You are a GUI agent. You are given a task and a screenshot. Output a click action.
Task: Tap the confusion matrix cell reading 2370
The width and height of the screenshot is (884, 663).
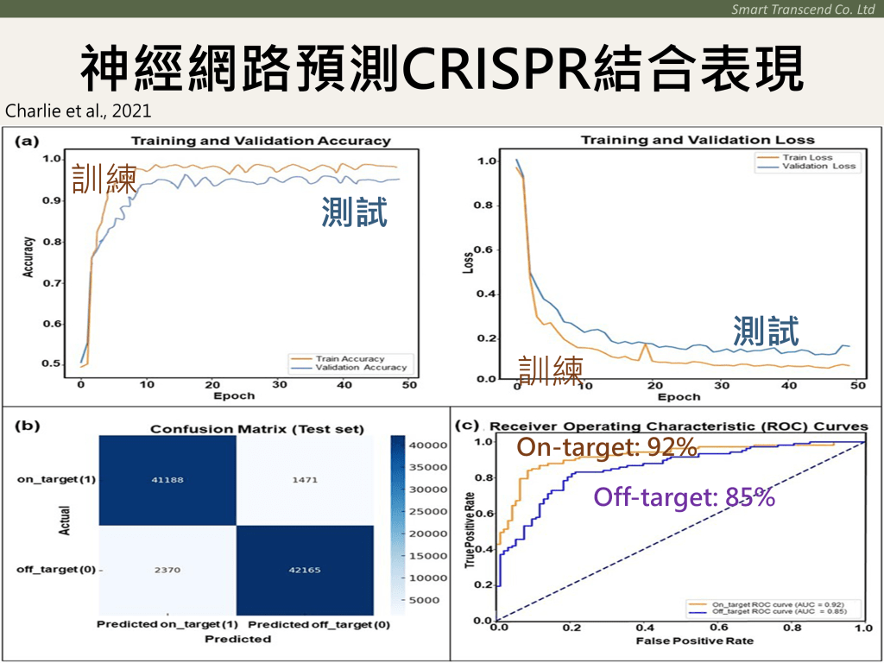[x=168, y=569]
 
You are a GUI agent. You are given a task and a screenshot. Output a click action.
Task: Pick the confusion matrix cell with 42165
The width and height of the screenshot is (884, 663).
[x=306, y=569]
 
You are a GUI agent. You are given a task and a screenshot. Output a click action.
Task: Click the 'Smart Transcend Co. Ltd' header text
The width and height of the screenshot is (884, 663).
[x=802, y=9]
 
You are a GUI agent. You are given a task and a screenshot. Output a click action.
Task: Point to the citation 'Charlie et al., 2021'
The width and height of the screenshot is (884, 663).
[x=66, y=110]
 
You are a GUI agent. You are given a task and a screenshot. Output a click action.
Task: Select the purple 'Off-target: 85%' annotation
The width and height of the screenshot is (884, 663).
[x=684, y=497]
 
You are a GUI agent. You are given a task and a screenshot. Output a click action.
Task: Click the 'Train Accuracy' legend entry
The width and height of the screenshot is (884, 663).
[x=350, y=358]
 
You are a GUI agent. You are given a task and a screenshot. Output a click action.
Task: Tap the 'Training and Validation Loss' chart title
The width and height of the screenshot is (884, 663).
[x=697, y=140]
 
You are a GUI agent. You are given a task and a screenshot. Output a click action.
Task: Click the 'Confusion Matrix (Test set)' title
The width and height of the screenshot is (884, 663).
[x=257, y=428]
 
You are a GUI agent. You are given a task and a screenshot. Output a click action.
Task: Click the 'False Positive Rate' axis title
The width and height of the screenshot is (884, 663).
[x=682, y=641]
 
